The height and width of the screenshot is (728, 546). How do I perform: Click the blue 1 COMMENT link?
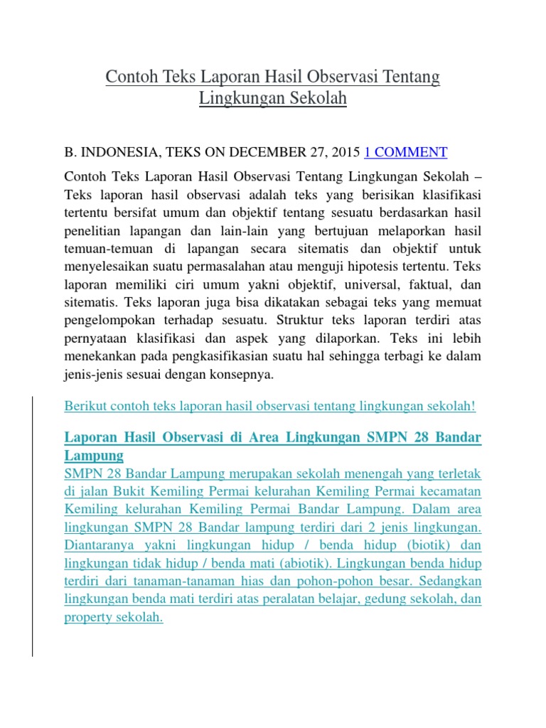pos(405,151)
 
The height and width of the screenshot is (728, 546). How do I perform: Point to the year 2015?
pos(346,151)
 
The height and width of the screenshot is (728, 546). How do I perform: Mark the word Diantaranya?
pos(100,545)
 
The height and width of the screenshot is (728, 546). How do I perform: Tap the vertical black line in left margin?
pos(32,526)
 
